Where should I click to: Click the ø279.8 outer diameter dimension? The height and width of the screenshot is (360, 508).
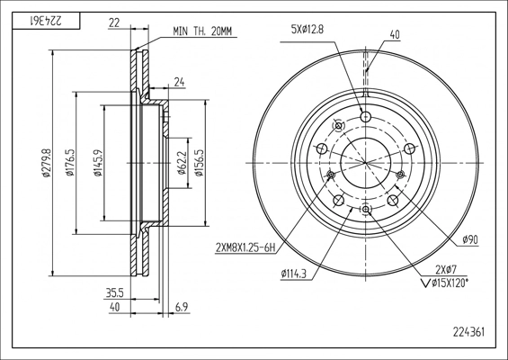click(47, 163)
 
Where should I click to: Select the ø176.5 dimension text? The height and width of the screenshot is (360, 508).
click(70, 163)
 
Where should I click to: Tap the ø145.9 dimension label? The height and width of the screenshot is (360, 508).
click(97, 163)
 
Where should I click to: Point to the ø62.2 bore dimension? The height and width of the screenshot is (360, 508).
click(183, 163)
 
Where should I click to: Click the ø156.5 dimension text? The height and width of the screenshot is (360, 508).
click(199, 163)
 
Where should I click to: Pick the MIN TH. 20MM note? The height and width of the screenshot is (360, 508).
click(202, 31)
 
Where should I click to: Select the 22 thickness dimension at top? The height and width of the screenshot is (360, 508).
click(114, 22)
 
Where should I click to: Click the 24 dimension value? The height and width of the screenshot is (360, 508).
click(179, 83)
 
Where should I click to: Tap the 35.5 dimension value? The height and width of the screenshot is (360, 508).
click(115, 293)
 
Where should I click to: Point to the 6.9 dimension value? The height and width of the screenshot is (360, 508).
click(183, 307)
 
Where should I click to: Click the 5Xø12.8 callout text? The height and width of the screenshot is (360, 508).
click(307, 31)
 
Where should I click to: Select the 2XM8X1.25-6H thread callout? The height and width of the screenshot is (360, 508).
click(245, 248)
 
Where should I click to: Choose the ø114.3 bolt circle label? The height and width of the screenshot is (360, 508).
click(293, 274)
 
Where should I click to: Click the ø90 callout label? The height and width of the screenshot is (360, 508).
click(470, 240)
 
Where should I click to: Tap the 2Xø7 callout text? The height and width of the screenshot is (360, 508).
click(446, 269)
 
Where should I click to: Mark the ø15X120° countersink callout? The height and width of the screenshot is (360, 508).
click(444, 283)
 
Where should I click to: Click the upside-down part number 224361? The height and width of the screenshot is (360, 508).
click(46, 21)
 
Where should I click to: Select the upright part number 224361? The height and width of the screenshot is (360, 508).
click(468, 332)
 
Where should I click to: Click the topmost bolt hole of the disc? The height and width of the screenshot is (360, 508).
click(365, 116)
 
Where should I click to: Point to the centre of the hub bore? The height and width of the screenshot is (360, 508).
click(365, 163)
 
